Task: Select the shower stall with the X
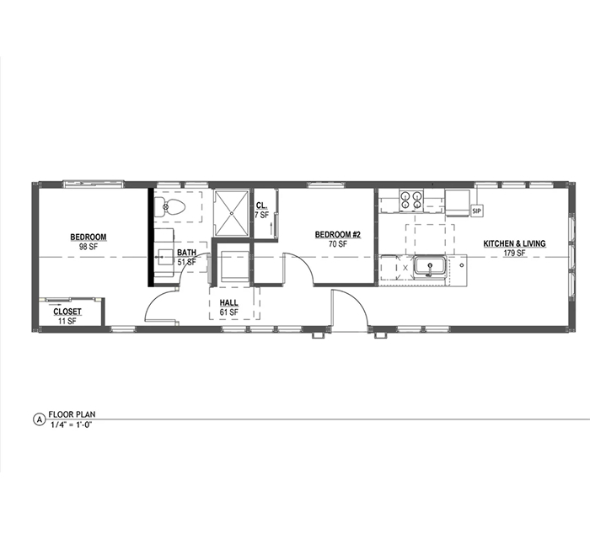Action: coord(232,213)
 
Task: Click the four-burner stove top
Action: coord(411,200)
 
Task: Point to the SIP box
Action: coord(476,211)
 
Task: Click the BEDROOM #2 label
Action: coord(337,235)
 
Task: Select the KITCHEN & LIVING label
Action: coord(514,244)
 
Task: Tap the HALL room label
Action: coord(228,302)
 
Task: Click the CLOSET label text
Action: coord(67,312)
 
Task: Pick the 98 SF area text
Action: coord(88,247)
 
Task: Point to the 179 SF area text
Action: coord(514,253)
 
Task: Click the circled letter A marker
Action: coord(39,419)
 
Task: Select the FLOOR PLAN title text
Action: coord(72,414)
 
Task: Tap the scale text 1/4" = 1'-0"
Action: coord(71,424)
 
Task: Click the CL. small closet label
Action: coord(261,205)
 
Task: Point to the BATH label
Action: coord(186,252)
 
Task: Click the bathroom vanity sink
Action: coord(164,258)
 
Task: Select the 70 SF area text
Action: coord(337,244)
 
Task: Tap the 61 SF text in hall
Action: coord(228,312)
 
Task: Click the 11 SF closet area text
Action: coord(67,321)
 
